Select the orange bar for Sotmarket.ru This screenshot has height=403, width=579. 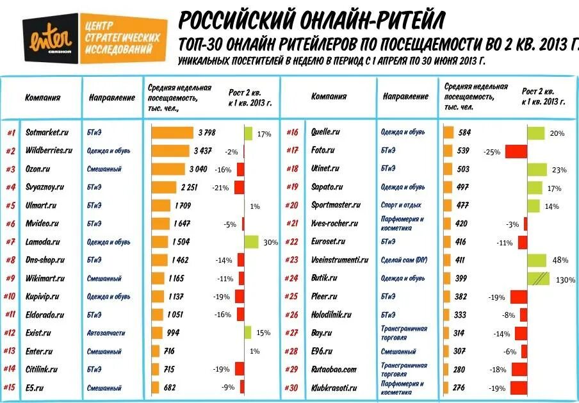click(172, 133)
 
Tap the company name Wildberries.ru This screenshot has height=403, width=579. click(49, 151)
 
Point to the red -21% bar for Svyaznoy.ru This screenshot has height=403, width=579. click(239, 187)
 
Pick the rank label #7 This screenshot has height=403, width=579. click(11, 242)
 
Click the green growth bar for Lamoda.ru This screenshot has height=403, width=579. click(251, 242)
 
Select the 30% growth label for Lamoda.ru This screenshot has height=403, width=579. click(270, 242)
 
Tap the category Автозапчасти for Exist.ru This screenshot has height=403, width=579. click(106, 333)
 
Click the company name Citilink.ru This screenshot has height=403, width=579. click(42, 369)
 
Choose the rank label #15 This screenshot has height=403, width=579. click(10, 387)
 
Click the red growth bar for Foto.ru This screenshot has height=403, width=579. click(516, 151)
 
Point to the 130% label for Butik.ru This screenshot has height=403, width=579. click(566, 280)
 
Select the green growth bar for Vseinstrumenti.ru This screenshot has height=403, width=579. click(537, 260)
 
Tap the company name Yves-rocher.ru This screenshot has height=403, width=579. click(332, 223)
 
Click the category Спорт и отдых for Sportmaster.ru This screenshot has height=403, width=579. click(402, 206)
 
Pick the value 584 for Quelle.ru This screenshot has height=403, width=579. click(464, 133)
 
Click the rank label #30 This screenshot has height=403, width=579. click(293, 388)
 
